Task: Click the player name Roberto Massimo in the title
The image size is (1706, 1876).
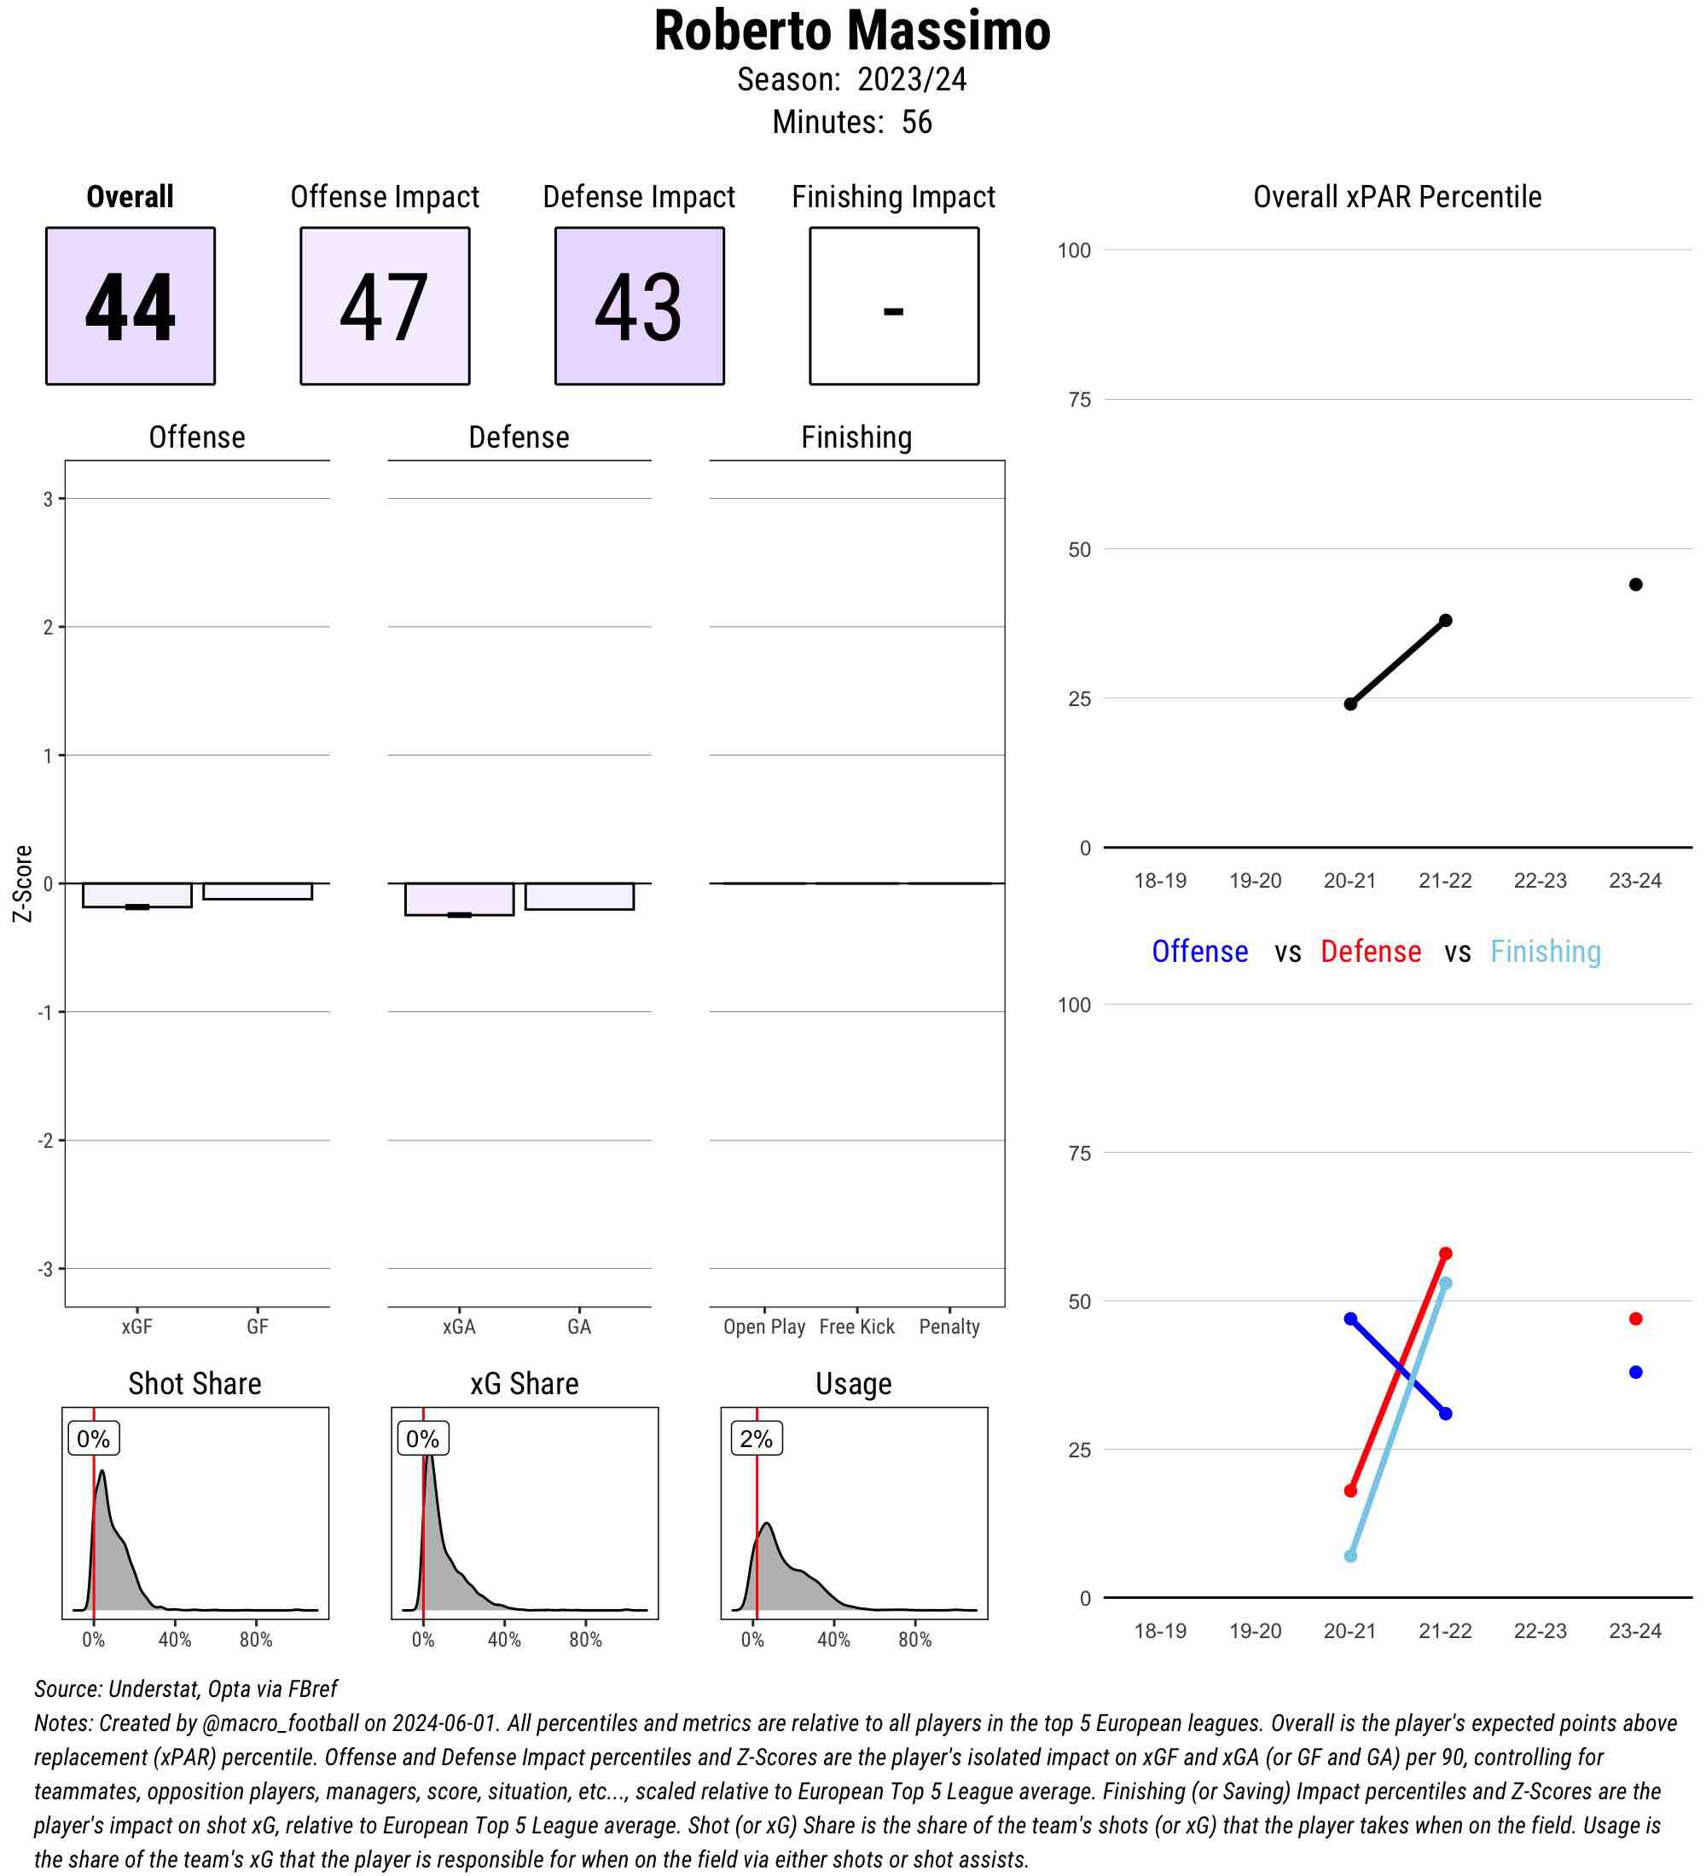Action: pos(851,32)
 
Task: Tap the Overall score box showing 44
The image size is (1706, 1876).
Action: pos(131,305)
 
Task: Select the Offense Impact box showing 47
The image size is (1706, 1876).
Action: pos(385,305)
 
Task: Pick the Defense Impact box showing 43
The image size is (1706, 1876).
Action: pos(640,305)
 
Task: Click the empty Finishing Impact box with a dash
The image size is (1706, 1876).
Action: pos(893,305)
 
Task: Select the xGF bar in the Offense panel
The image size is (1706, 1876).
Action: pos(136,895)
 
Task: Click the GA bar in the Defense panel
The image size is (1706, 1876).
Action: pos(579,896)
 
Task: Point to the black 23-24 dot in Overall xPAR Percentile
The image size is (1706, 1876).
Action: pos(1635,584)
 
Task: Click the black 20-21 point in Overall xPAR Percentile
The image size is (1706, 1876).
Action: pos(1350,703)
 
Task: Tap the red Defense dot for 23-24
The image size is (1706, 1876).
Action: pos(1635,1318)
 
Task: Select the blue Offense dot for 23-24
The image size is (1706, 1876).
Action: pos(1635,1372)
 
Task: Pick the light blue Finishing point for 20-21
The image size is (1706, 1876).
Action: pos(1350,1556)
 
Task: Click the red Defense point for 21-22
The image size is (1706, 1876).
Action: pos(1445,1254)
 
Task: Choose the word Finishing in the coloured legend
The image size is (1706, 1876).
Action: pos(1545,951)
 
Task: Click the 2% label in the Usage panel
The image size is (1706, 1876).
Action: pos(756,1439)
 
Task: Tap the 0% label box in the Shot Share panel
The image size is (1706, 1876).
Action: pos(93,1439)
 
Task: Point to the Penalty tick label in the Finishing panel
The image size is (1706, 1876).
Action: pos(949,1327)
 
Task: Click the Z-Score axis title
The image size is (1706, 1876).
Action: pos(22,883)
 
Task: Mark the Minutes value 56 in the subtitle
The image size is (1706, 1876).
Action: pos(917,122)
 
